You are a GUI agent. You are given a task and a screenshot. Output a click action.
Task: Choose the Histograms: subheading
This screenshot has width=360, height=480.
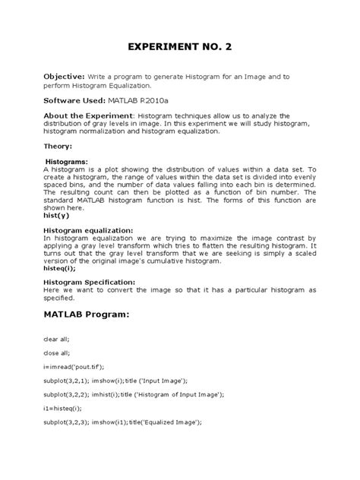67,162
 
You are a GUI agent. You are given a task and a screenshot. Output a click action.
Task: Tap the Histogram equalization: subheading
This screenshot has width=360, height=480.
89,231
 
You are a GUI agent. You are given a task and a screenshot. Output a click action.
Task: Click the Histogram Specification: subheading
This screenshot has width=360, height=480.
90,282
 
